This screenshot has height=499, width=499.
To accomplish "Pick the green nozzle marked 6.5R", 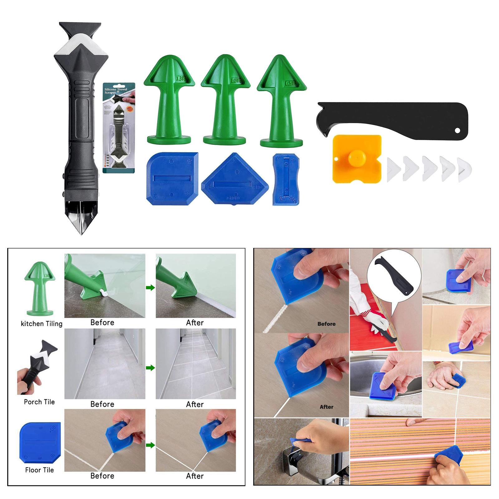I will point(281,100).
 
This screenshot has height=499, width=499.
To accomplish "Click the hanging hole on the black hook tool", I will point(458,130).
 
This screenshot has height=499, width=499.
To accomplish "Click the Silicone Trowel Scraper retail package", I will point(119,128).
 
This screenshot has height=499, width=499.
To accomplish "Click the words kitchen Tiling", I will point(41,324).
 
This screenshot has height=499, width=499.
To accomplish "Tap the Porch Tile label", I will point(39,402).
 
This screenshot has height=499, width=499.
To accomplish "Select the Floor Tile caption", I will point(39,470).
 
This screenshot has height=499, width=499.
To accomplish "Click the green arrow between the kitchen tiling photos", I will point(150,288).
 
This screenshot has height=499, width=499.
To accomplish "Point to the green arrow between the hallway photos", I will point(150,368).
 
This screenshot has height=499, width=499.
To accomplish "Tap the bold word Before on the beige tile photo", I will point(326,324).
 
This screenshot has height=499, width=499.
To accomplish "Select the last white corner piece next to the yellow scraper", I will point(465,170).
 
